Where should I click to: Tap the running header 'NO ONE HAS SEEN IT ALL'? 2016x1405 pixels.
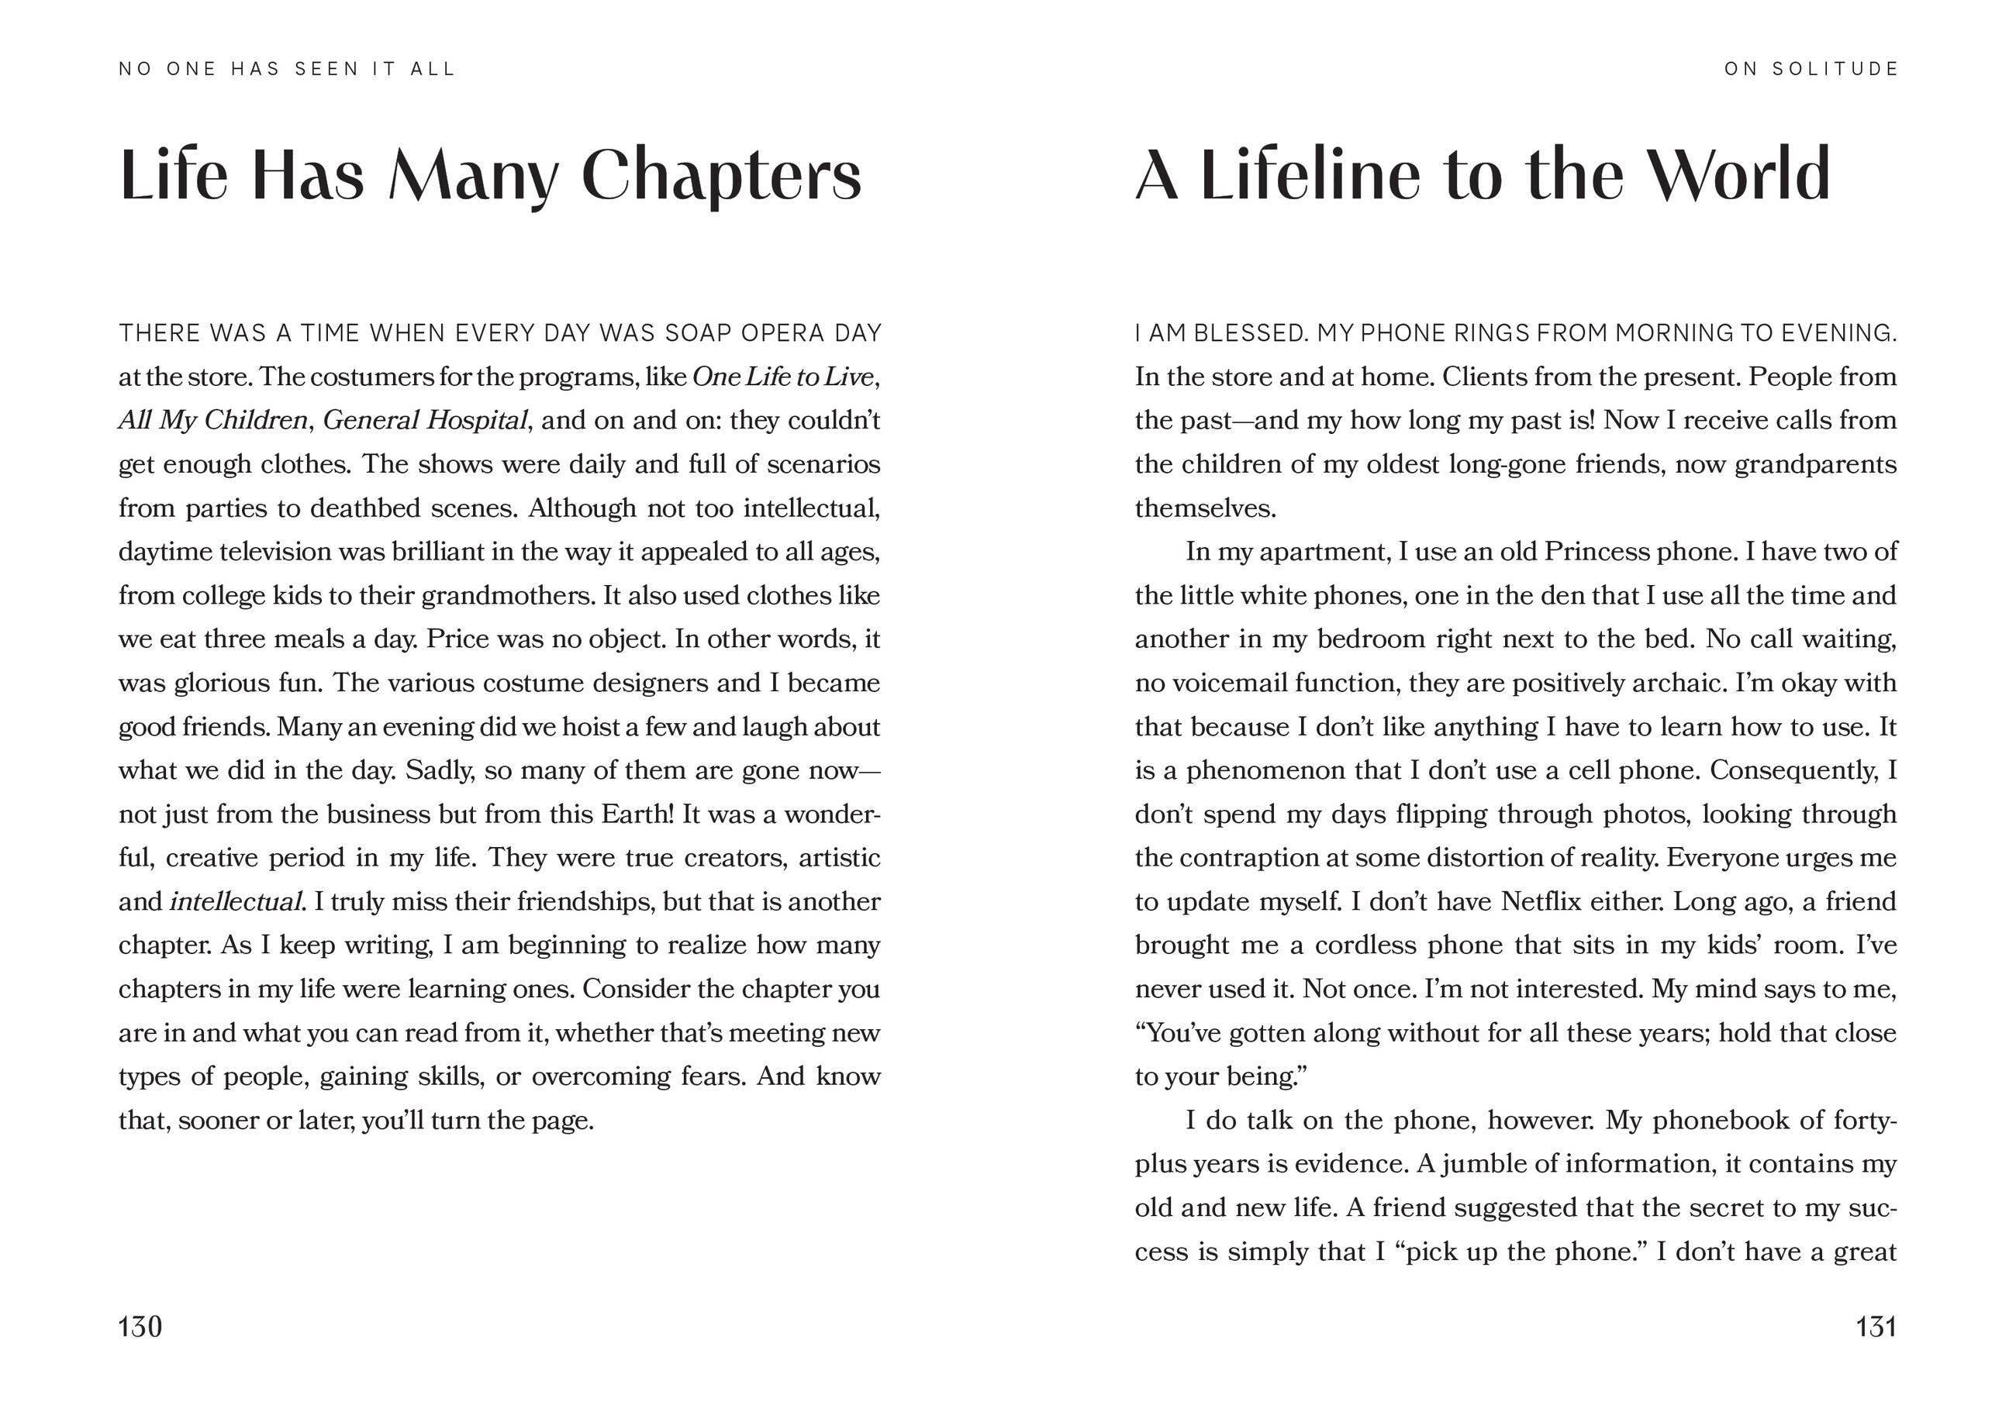click(x=287, y=69)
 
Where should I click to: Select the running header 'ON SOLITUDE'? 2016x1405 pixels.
click(x=1811, y=69)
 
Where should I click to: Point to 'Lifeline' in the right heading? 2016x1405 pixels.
click(x=1308, y=174)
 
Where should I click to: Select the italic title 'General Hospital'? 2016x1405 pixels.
click(x=425, y=420)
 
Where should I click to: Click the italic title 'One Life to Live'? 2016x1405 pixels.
click(x=783, y=377)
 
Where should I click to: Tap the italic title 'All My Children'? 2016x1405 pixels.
click(x=212, y=420)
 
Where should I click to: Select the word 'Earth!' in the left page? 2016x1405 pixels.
click(x=637, y=814)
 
